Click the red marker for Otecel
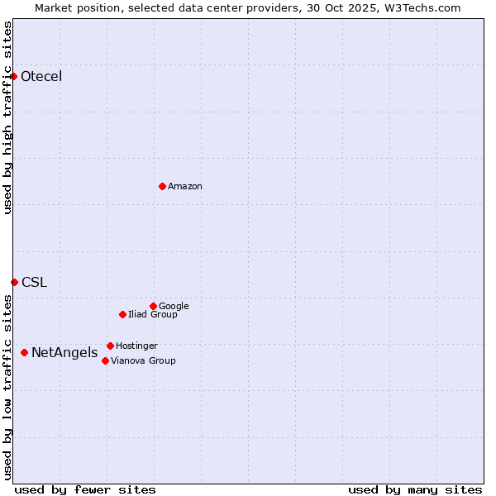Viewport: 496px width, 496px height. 14,77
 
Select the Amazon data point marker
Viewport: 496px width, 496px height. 162,186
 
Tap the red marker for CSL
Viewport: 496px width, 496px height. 14,282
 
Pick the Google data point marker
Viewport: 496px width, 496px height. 153,306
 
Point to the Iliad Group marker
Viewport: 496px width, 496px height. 122,314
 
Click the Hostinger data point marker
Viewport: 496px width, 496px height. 110,346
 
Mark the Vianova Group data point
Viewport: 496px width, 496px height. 105,360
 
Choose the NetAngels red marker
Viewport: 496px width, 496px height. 24,353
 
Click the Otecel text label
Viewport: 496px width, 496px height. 41,77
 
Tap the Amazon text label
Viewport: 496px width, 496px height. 185,187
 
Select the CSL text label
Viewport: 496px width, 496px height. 35,283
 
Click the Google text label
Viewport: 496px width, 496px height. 174,307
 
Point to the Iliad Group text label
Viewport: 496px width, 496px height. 153,315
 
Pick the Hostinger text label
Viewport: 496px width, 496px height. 136,346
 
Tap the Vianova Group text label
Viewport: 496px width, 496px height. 143,361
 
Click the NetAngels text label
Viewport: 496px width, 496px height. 64,354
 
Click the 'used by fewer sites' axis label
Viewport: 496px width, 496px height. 85,490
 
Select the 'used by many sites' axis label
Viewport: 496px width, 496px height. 415,490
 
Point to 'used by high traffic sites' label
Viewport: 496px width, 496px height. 8,117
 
